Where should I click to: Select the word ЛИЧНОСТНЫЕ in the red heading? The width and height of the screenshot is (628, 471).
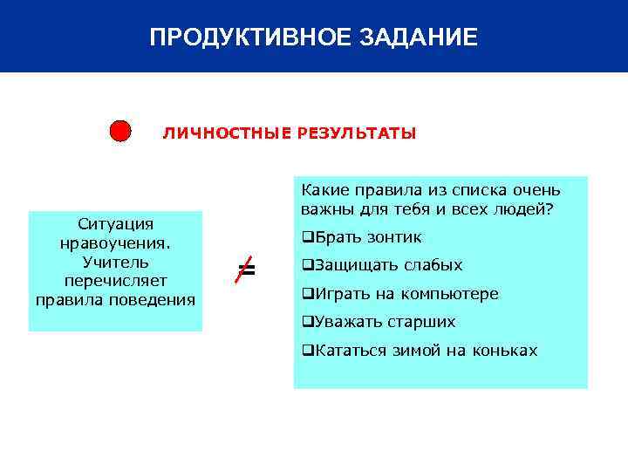pos(227,133)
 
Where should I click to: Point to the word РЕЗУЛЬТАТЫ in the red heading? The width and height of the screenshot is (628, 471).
pos(357,133)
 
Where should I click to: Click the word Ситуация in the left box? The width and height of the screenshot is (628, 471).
pos(115,223)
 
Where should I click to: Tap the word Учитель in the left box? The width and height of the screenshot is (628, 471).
pos(115,262)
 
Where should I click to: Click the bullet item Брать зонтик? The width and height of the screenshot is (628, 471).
pos(366,237)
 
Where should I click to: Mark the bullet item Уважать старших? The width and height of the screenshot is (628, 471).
pos(384,322)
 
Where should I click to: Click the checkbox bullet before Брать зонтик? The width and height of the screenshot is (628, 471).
pos(307,237)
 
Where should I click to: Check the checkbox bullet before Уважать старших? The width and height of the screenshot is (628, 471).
pos(307,322)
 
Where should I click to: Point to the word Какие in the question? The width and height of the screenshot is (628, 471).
pos(322,190)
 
